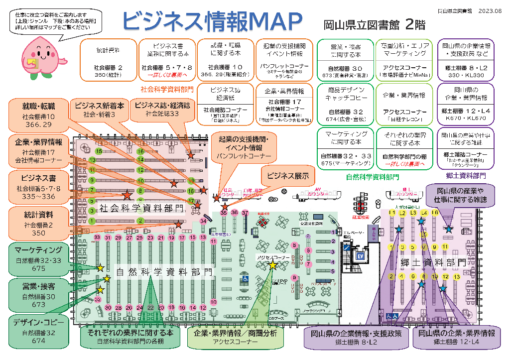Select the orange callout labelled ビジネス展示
click(x=288, y=176)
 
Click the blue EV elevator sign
click(x=360, y=255)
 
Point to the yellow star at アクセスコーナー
click(x=272, y=265)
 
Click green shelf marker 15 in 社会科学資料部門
click(x=99, y=151)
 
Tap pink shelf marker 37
click(x=245, y=213)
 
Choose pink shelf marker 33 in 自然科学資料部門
click(x=97, y=238)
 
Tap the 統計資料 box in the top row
click(x=108, y=60)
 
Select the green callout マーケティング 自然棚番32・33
click(x=38, y=258)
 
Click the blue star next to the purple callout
click(x=449, y=229)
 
